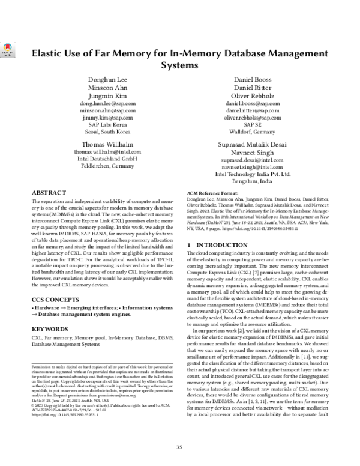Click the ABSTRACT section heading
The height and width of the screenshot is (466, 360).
coord(51,193)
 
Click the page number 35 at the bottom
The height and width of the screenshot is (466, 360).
coord(179,447)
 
